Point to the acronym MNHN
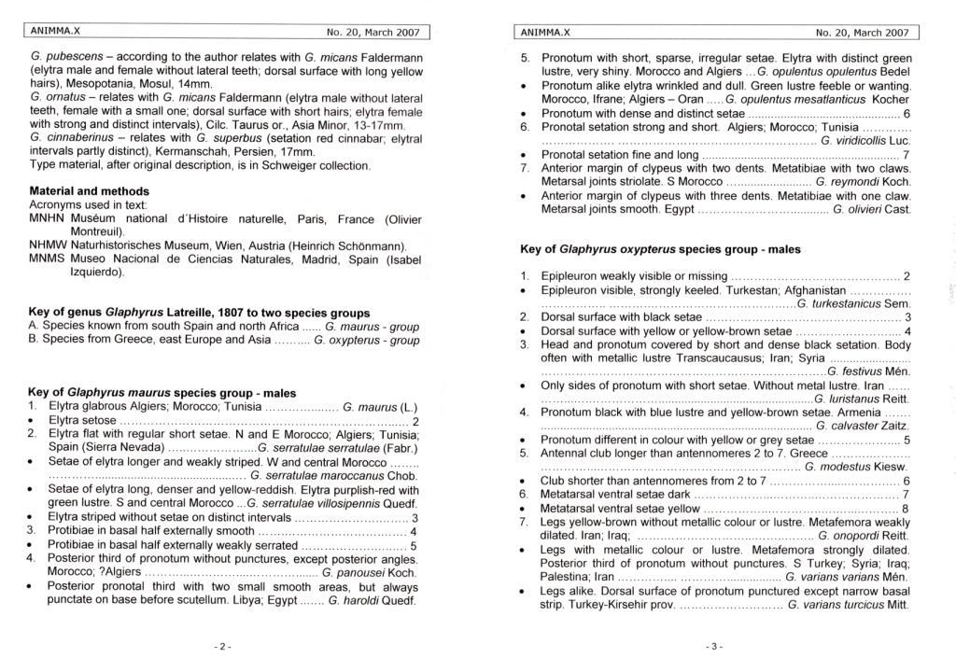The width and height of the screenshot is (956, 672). pyautogui.click(x=48, y=217)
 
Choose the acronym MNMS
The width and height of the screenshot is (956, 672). pyautogui.click(x=48, y=259)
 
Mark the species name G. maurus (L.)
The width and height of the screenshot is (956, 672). pyautogui.click(x=379, y=407)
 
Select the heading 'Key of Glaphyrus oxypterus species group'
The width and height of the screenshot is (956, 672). pyautogui.click(x=659, y=249)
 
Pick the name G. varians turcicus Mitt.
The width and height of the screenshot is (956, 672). pyautogui.click(x=848, y=604)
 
